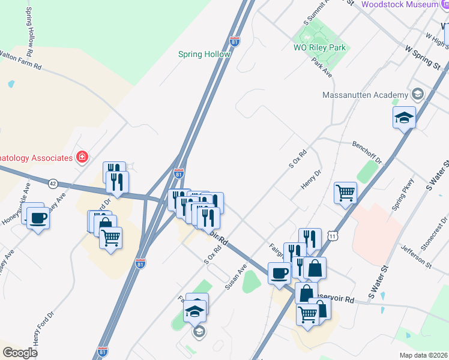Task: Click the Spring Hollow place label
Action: (x=204, y=54)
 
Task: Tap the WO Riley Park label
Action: (x=321, y=47)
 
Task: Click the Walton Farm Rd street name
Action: (x=20, y=58)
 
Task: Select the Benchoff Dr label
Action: (x=367, y=152)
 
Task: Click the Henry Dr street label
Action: (x=312, y=179)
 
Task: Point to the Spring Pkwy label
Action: (x=400, y=196)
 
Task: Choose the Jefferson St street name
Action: (x=416, y=256)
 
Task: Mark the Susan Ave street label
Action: (x=236, y=278)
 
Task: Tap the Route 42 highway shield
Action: (x=53, y=184)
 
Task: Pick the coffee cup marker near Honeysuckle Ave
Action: (x=38, y=218)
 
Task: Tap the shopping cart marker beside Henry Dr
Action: (x=345, y=193)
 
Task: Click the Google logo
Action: (x=20, y=352)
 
